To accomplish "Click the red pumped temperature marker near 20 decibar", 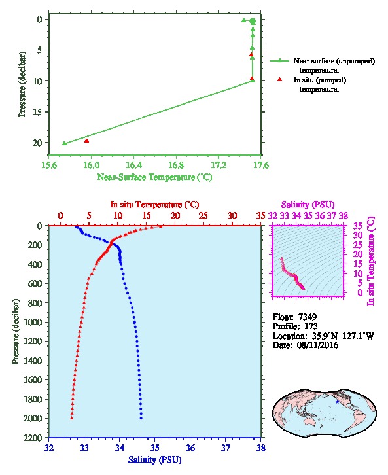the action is click(x=86, y=141).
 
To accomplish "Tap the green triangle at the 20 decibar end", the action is click(x=64, y=143).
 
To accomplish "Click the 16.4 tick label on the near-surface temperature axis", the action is click(x=134, y=166).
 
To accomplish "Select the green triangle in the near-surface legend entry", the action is click(x=279, y=61).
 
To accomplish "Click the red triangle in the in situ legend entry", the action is click(x=279, y=79).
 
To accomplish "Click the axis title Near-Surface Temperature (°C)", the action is click(x=154, y=177).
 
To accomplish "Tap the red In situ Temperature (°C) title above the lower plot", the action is click(x=154, y=205).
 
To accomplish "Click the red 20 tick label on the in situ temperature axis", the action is click(x=175, y=216).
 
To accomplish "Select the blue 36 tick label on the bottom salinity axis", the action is click(x=190, y=448).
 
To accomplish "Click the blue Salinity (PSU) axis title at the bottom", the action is click(x=155, y=460).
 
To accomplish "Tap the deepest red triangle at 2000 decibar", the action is click(x=72, y=418).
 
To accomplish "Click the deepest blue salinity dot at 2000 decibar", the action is click(x=141, y=418).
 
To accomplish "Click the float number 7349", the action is click(x=308, y=317).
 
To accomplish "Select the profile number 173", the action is click(x=311, y=326).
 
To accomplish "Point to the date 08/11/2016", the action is click(x=317, y=345).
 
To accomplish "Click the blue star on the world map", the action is click(x=337, y=402).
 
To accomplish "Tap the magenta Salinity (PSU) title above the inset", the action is click(x=308, y=205).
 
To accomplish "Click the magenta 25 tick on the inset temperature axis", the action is click(x=358, y=245).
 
